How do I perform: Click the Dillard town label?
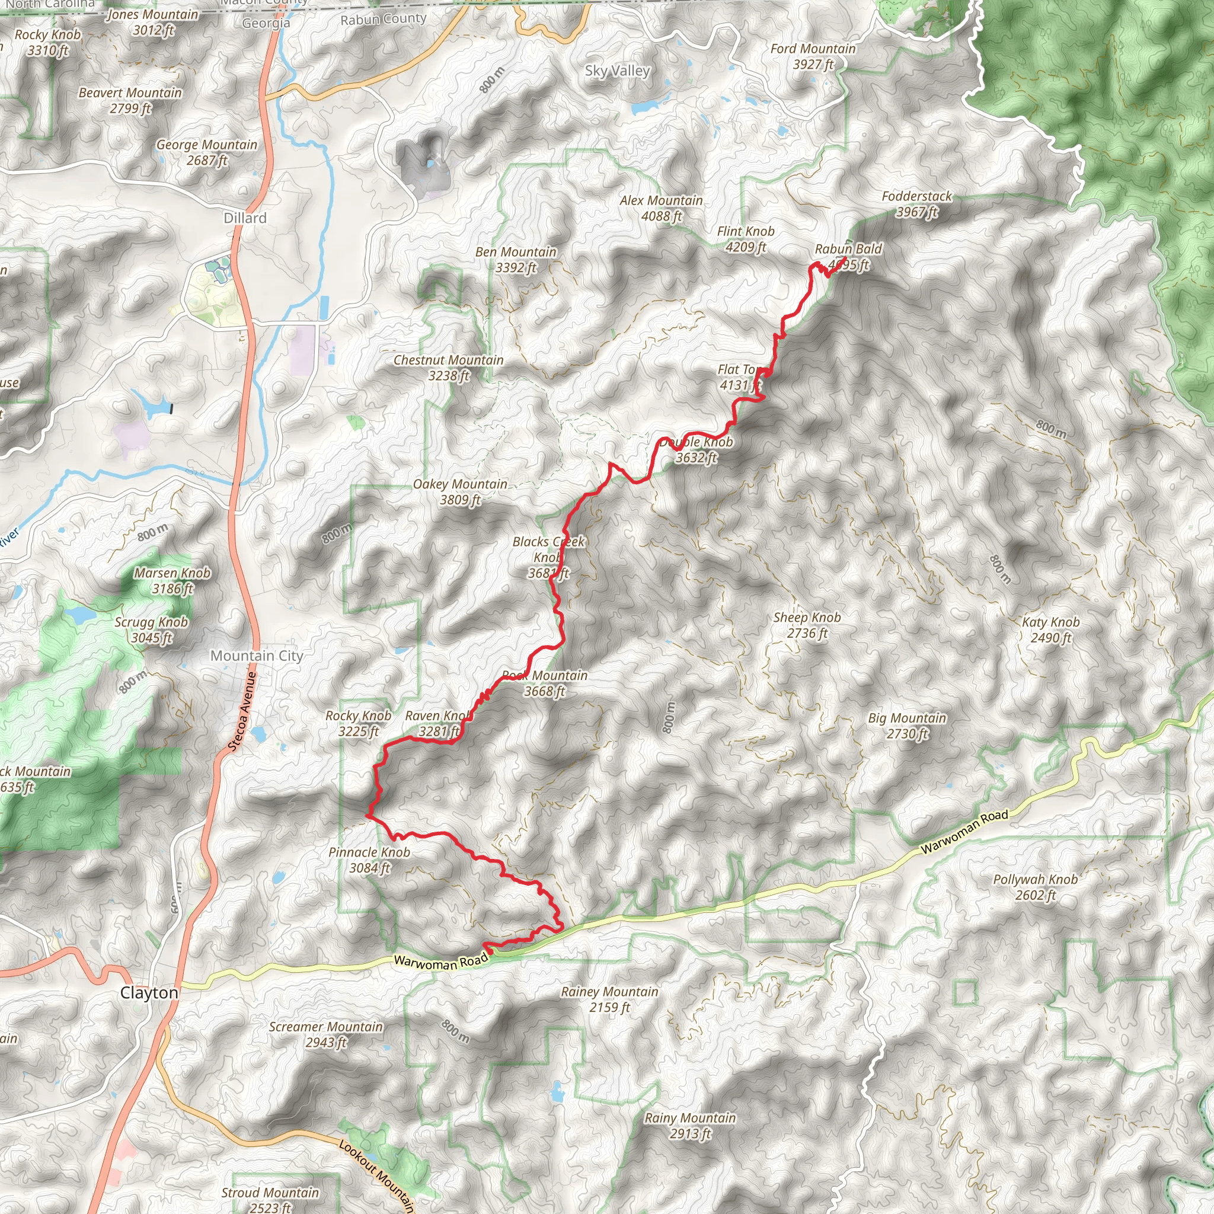(x=245, y=218)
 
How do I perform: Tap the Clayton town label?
(x=149, y=992)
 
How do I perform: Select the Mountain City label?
(x=256, y=656)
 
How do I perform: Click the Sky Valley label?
(x=617, y=71)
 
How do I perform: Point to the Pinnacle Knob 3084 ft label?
(x=369, y=860)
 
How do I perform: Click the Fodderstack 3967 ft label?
(x=916, y=203)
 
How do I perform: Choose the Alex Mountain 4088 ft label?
(x=661, y=208)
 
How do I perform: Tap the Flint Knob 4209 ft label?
(x=745, y=239)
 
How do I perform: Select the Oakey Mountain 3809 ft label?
(x=460, y=491)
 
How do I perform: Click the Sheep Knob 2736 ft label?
(x=807, y=625)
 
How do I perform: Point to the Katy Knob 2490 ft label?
(x=1050, y=630)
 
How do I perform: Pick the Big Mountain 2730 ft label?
(x=907, y=725)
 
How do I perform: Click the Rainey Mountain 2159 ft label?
(x=609, y=999)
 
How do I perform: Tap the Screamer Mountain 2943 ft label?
(x=325, y=1034)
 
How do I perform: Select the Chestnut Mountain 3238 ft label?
(x=449, y=368)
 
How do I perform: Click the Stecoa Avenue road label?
(x=242, y=711)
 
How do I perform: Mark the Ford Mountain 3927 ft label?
(x=813, y=56)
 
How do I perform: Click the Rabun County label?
(x=384, y=20)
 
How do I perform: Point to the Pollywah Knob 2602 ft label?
(x=1035, y=887)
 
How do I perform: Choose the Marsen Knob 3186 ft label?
(x=172, y=580)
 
